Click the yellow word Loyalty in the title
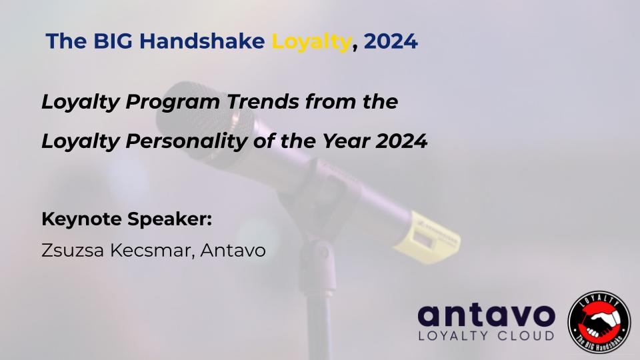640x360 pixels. click(311, 42)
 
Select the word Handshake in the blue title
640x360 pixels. click(202, 41)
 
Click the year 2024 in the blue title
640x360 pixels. click(391, 41)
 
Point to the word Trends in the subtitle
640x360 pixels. click(263, 101)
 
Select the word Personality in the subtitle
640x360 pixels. click(186, 142)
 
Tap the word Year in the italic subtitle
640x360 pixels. click(346, 141)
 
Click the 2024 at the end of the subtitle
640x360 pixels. click(401, 141)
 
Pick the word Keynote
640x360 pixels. click(81, 219)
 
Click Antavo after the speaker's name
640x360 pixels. click(233, 250)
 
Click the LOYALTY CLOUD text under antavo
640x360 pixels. click(486, 335)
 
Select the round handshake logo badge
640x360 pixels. click(599, 321)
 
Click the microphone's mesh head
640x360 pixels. click(204, 119)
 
